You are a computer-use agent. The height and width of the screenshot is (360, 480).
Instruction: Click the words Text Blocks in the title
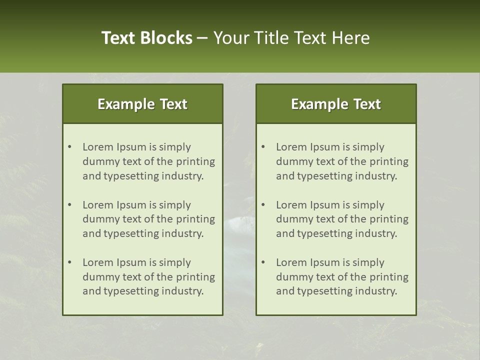(147, 38)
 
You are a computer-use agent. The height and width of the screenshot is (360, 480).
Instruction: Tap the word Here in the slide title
(350, 38)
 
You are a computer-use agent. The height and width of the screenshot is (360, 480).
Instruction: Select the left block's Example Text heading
(142, 104)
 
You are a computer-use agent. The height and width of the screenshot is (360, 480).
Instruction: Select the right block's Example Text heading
(336, 104)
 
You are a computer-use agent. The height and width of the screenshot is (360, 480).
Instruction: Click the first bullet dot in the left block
(69, 147)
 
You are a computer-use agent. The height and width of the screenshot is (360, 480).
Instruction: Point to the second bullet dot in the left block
(69, 205)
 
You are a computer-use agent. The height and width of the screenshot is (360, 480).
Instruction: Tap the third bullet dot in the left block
(69, 262)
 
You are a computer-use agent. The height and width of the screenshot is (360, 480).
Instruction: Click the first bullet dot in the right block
(263, 147)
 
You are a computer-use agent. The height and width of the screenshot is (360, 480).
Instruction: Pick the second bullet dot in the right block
(263, 205)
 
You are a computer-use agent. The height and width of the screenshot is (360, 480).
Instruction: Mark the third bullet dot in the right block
(263, 262)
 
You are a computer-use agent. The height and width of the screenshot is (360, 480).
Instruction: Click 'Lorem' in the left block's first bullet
(97, 147)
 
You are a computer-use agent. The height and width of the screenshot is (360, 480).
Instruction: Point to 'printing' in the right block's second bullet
(389, 219)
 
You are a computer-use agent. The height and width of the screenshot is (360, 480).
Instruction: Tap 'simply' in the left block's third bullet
(175, 262)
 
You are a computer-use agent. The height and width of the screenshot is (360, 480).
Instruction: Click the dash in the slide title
(202, 38)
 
